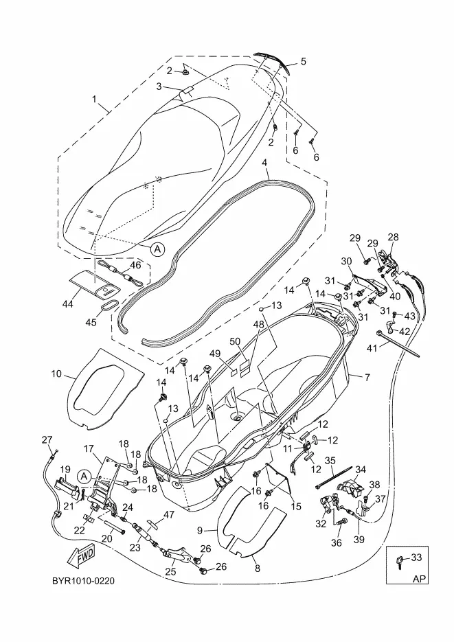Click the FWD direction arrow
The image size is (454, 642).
[81, 555]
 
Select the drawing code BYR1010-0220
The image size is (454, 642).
[84, 581]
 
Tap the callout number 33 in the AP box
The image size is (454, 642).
[416, 558]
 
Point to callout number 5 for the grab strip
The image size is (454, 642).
[303, 61]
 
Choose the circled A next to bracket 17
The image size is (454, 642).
[84, 476]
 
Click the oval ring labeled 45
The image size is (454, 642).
[110, 305]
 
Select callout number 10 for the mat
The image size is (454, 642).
[56, 374]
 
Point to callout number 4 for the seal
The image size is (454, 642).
[265, 163]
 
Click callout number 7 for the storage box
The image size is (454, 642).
[367, 377]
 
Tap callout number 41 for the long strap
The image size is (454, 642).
[372, 348]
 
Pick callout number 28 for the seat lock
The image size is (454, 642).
[393, 237]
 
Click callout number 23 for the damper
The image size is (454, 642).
[135, 547]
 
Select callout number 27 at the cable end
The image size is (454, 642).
[47, 439]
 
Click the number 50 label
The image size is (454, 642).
[235, 341]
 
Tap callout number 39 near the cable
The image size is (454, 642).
[359, 540]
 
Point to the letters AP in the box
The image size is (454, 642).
[420, 579]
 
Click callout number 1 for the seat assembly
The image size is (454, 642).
[94, 99]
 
